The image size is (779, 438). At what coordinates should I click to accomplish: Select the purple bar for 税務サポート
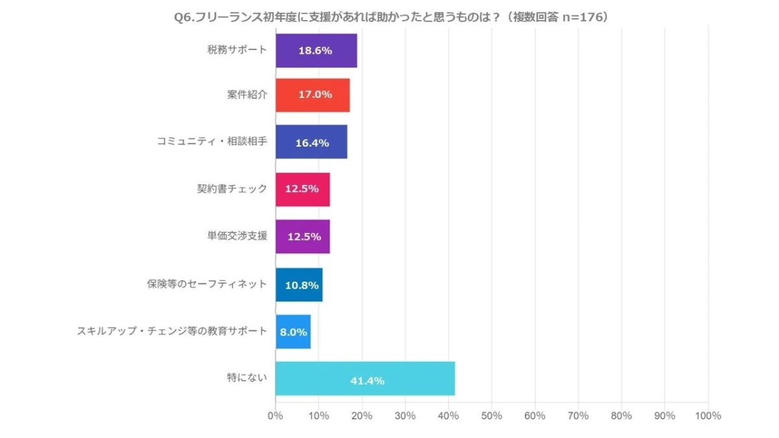316,51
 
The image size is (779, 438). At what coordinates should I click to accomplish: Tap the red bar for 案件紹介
312,95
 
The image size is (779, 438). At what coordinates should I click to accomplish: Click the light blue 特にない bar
365,378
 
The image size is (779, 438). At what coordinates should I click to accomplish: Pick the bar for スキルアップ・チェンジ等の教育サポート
293,332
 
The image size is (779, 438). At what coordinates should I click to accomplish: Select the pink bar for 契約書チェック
303,189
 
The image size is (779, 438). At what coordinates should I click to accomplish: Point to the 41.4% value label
367,381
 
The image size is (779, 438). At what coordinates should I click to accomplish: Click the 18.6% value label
315,51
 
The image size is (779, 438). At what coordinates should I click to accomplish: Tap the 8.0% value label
293,332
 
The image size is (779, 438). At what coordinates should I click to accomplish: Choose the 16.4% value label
312,142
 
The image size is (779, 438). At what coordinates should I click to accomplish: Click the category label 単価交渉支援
236,236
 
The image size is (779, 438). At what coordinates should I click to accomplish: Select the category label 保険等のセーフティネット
206,284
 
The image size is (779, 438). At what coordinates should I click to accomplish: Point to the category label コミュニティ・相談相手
212,142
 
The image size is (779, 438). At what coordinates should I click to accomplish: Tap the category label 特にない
248,378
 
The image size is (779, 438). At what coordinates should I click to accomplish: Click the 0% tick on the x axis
275,416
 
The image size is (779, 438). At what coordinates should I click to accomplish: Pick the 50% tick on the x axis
491,416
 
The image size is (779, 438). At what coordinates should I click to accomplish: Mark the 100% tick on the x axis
707,416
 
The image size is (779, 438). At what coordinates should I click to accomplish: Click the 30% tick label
405,416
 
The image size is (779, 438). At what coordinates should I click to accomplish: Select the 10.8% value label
299,284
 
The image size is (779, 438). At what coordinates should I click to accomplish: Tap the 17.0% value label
315,95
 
